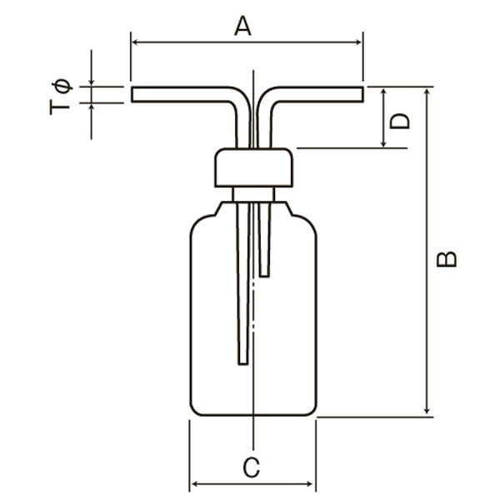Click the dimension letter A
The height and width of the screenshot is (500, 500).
point(242,26)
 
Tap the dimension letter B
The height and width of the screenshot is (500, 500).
point(447,259)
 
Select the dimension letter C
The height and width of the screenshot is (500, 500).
point(252,467)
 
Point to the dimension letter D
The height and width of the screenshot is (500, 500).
point(399,121)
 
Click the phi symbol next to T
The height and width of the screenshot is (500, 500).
point(62,86)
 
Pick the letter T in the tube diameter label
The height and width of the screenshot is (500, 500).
point(60,107)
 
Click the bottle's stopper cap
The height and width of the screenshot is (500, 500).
point(254,167)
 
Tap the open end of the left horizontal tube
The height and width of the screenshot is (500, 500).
point(132,94)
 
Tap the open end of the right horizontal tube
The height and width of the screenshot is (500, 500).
point(362,94)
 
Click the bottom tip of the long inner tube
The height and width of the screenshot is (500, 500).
point(243,363)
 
